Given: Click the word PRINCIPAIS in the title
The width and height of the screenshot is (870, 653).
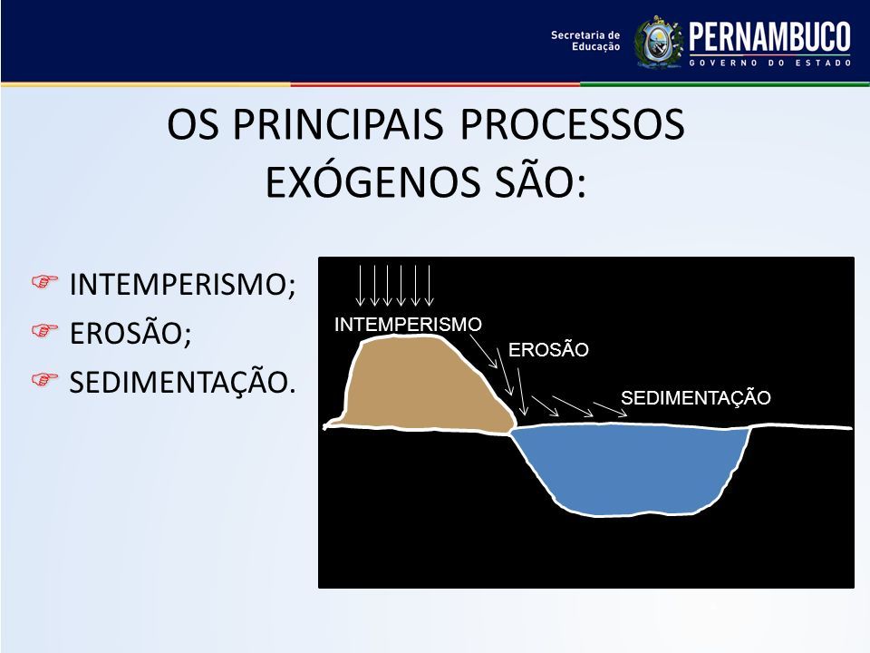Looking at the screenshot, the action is coord(338,124).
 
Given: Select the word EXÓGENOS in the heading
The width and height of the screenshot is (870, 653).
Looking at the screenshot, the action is coord(372,182).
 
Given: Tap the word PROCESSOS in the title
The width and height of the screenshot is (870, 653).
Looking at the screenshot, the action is coord(572,124).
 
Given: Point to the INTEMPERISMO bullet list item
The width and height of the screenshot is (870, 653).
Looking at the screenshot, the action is coord(182,284).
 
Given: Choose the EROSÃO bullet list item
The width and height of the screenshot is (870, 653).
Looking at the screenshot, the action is coord(130,333).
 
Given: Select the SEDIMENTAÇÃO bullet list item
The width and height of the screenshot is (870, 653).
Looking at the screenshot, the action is coord(182,383).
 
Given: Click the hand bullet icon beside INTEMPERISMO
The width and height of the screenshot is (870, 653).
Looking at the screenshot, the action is coord(44,281).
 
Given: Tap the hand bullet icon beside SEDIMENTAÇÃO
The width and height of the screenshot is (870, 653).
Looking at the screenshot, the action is coord(44,379).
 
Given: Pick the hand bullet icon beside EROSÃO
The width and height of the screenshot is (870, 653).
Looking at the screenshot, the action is coord(44,330).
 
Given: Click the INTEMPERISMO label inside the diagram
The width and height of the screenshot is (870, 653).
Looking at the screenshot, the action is coord(408,325).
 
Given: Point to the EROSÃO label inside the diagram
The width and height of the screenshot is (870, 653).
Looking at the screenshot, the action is coord(548,350).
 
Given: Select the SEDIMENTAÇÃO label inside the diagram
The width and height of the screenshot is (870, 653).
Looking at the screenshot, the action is coord(695,397).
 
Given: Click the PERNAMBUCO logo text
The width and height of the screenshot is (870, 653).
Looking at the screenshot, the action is coord(769,37).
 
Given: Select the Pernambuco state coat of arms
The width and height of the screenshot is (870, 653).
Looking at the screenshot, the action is coord(659,43).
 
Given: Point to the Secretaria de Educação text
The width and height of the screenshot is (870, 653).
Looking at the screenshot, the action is coord(585,41).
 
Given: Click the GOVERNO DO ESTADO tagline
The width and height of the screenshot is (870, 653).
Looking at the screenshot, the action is coord(770,63).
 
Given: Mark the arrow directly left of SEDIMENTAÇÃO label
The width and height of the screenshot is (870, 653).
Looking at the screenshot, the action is coord(610,409).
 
